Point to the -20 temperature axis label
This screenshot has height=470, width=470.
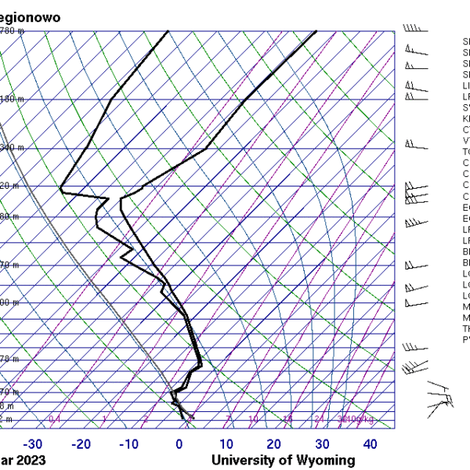81,444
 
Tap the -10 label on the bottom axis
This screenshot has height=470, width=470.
129,444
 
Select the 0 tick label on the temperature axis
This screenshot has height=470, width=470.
179,444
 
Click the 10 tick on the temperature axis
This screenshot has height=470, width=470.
226,444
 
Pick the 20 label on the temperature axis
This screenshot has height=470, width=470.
273,444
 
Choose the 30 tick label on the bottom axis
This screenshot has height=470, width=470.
321,444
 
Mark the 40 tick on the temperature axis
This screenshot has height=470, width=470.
370,444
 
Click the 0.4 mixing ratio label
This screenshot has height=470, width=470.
55,420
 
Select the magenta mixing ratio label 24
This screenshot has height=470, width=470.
319,420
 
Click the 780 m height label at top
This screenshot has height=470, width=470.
11,31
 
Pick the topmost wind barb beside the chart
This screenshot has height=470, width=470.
415,29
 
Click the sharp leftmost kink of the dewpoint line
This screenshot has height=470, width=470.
61,190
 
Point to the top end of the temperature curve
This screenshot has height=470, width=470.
316,31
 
